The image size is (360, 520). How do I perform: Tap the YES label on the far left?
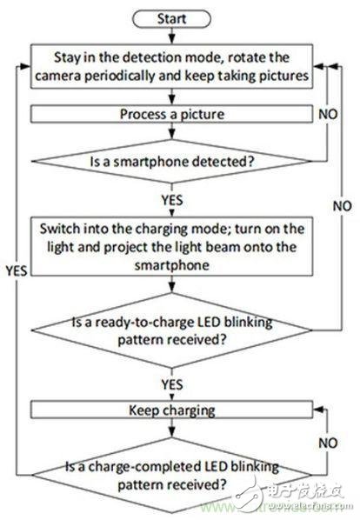click(x=16, y=270)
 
